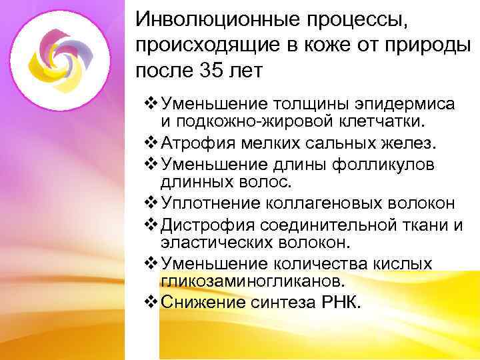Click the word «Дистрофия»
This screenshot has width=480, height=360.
point(203,224)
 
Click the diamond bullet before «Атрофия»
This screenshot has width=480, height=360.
point(150,143)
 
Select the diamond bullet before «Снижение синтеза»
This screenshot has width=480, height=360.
point(150,302)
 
